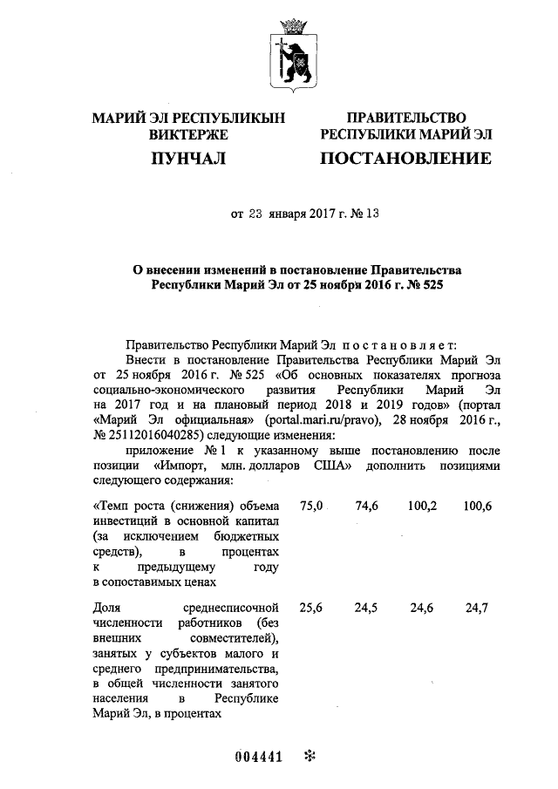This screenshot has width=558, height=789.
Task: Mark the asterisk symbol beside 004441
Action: tap(308, 756)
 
